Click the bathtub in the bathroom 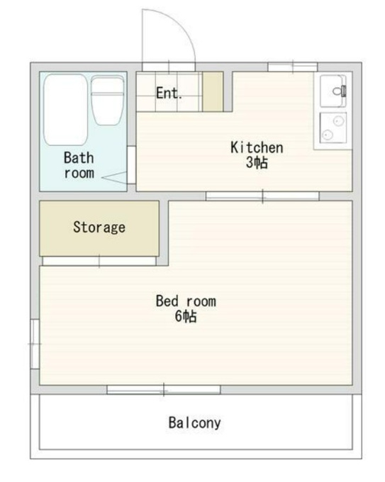tap(65, 109)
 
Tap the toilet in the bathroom tap(108, 101)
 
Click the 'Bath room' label tap(79, 165)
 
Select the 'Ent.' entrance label tap(169, 93)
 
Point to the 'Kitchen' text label tap(257, 147)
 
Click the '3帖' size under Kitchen tap(257, 162)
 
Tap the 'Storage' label tap(99, 228)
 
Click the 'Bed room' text tap(186, 301)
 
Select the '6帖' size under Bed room tap(186, 316)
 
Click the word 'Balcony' tap(195, 423)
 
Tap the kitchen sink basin tap(333, 91)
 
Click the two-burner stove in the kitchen tap(333, 128)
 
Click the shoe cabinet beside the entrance tap(213, 91)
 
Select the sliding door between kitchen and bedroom tap(262, 196)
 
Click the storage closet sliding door tap(99, 261)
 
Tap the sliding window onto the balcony tap(164, 389)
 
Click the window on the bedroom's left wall tap(35, 344)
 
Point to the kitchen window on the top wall tap(292, 67)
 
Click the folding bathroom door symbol tap(114, 178)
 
